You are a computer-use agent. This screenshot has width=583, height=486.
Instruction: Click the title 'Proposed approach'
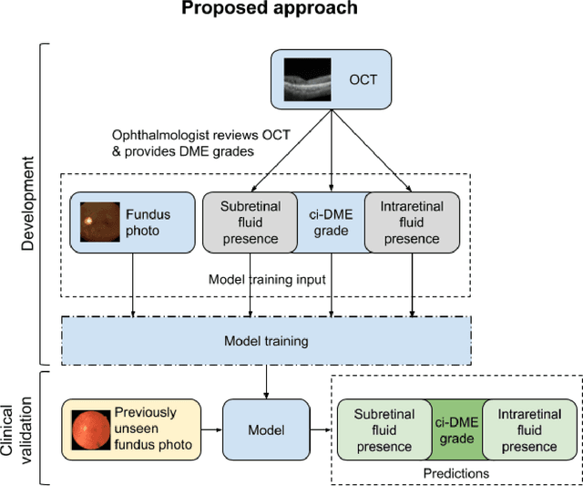coord(269,10)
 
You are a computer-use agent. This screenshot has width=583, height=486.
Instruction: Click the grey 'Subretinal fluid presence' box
coord(250,222)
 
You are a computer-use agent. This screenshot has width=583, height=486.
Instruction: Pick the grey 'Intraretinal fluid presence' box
coord(412,222)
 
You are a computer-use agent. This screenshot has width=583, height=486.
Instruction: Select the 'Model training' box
coord(266,341)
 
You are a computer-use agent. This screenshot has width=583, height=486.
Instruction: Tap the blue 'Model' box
coord(266,429)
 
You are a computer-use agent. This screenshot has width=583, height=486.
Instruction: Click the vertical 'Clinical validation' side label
coord(26,427)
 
